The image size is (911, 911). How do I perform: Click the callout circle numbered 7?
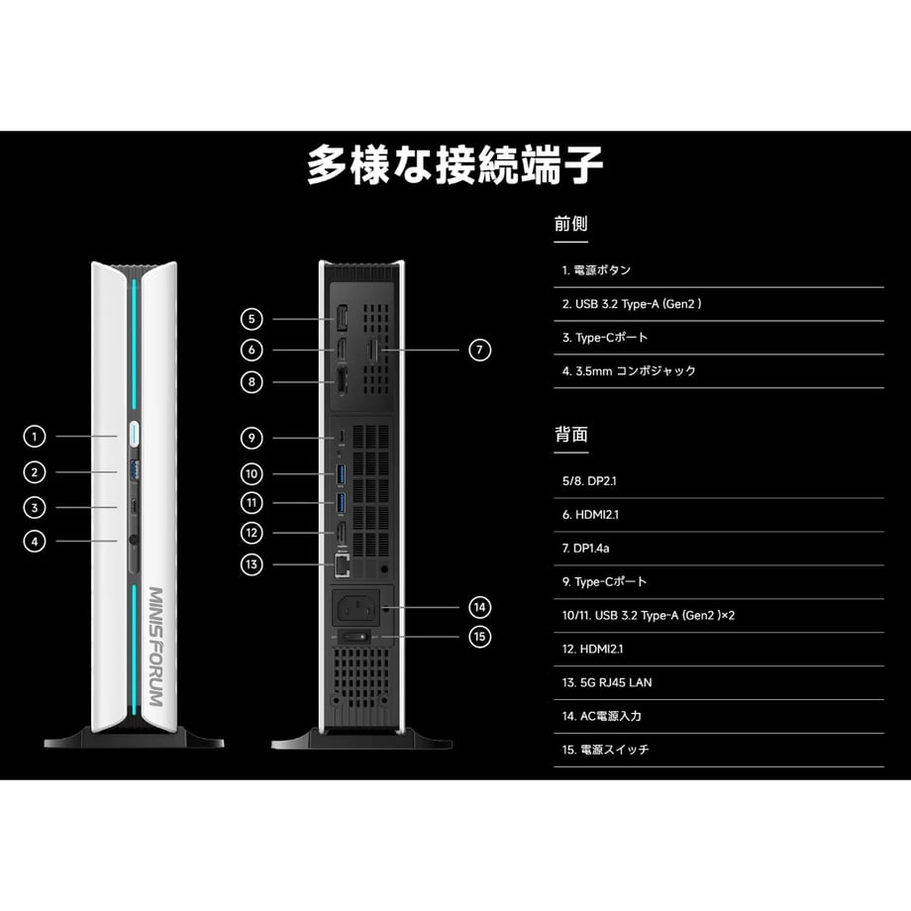click(479, 350)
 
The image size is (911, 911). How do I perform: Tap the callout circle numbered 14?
click(479, 608)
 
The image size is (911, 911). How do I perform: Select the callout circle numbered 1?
click(35, 437)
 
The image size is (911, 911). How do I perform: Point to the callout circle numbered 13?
click(252, 564)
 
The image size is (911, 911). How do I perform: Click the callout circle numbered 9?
click(252, 438)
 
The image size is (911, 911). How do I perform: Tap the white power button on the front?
click(134, 434)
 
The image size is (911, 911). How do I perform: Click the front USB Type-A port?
click(135, 470)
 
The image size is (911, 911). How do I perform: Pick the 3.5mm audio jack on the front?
click(134, 541)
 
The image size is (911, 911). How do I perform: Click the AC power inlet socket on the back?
click(356, 609)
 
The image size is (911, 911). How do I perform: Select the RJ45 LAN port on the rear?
click(343, 565)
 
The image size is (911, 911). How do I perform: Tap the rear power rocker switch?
click(354, 638)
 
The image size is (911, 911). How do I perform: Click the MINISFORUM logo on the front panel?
click(156, 646)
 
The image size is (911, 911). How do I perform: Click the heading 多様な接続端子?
click(455, 165)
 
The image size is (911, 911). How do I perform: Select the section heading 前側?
click(570, 224)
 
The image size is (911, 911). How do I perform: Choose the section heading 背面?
click(571, 435)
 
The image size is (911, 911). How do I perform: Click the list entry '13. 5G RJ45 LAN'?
click(607, 682)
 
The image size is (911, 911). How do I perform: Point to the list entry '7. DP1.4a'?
click(585, 548)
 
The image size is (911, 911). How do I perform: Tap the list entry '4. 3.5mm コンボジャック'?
click(629, 370)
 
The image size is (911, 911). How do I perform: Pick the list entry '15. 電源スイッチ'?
click(605, 750)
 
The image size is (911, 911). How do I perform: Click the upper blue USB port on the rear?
click(341, 474)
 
